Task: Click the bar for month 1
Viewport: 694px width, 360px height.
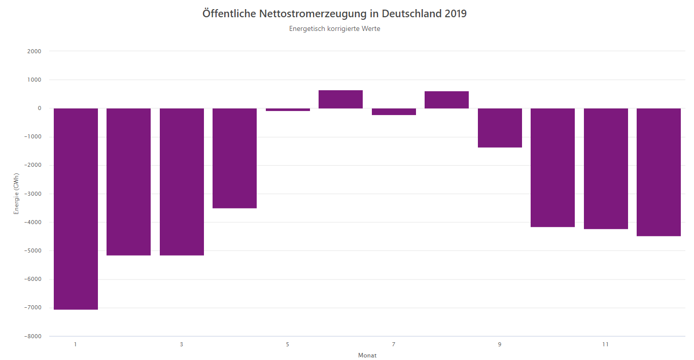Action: coord(76,208)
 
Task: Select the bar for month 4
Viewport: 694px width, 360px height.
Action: coord(234,158)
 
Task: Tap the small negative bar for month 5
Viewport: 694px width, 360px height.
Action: coord(288,110)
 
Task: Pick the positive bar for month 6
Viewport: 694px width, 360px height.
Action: coord(340,99)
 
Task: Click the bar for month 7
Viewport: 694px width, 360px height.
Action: coord(394,112)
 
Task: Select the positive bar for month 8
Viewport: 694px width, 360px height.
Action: coord(446,100)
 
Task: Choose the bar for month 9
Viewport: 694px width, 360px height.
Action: coord(500,128)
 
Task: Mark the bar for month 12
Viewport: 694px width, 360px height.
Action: coord(658,172)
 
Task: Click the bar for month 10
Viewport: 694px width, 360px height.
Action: coord(552,167)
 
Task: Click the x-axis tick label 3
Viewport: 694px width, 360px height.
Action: coord(182,345)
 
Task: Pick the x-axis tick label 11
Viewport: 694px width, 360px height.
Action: coord(605,345)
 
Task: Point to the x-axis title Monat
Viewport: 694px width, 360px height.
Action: coord(367,355)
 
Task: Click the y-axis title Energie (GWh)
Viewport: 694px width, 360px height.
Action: coord(16,194)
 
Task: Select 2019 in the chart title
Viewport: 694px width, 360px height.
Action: coord(456,14)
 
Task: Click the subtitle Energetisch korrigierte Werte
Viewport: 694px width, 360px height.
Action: coord(334,29)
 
